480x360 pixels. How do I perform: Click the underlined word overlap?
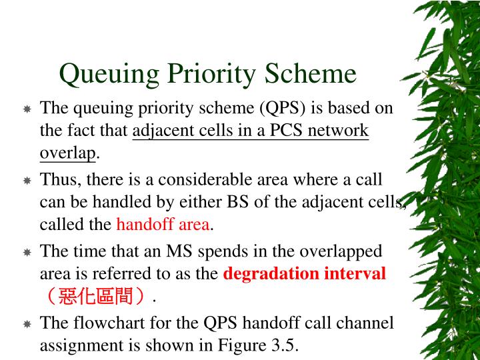pos(68,153)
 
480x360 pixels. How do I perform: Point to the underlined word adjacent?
pos(160,131)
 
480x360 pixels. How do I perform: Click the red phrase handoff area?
pos(163,225)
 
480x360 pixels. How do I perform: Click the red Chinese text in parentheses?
pos(96,296)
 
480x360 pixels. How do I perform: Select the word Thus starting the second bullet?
pos(56,180)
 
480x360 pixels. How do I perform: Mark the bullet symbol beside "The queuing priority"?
pos(27,109)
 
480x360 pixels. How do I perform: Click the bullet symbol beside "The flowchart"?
pos(27,325)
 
